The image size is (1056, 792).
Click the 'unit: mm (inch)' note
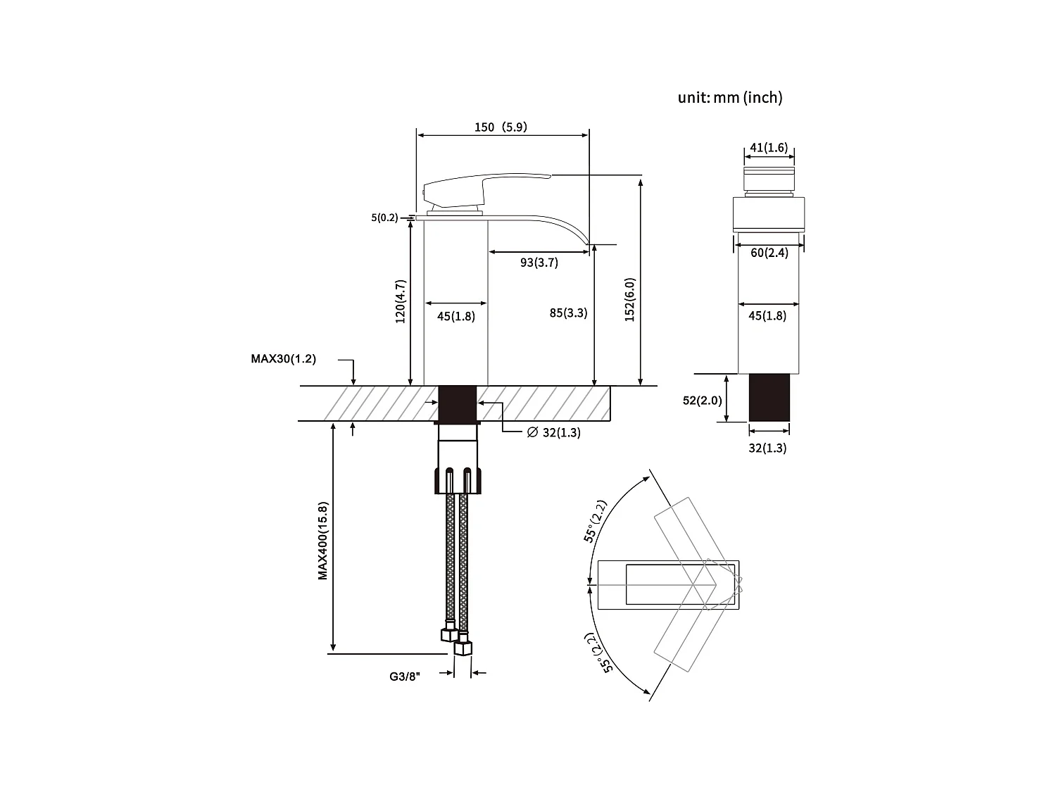[729, 98]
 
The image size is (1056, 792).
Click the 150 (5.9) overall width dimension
[501, 127]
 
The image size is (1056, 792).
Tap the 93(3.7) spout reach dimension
[539, 263]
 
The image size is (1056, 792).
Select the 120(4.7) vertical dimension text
[401, 301]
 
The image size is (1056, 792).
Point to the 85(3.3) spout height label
[568, 313]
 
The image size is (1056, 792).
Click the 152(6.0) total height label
[630, 300]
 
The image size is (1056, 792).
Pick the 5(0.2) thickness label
[384, 218]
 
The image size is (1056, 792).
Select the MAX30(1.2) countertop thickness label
[284, 359]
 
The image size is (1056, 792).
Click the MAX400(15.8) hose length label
[322, 541]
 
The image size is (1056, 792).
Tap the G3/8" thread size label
[405, 677]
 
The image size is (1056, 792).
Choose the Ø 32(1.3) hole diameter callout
[553, 432]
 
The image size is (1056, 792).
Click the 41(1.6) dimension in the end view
[769, 147]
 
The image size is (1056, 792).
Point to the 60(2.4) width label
[769, 253]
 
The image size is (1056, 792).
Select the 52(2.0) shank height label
[702, 401]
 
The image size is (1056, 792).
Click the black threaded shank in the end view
[769, 398]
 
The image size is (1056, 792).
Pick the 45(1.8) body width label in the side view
[455, 316]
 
